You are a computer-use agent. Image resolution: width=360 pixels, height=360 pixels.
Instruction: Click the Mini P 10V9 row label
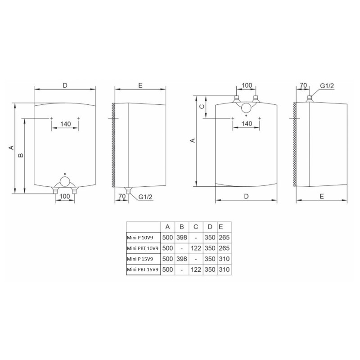pyautogui.click(x=140, y=238)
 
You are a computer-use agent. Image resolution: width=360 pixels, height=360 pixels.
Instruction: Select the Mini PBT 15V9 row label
pyautogui.click(x=143, y=270)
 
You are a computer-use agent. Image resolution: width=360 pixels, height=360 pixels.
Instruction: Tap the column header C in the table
pyautogui.click(x=196, y=227)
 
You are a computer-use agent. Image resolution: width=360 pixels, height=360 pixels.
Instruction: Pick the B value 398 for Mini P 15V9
pyautogui.click(x=182, y=259)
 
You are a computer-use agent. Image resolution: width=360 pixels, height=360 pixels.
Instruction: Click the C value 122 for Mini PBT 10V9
pyautogui.click(x=196, y=248)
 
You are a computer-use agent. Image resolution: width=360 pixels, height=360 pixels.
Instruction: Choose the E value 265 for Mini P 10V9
pyautogui.click(x=224, y=238)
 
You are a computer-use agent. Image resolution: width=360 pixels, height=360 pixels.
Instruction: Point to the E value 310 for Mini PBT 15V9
pyautogui.click(x=224, y=269)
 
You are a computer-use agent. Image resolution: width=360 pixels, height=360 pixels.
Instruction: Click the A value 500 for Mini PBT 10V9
pyautogui.click(x=167, y=248)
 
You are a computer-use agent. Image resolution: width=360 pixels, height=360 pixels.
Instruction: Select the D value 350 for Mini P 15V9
pyautogui.click(x=210, y=259)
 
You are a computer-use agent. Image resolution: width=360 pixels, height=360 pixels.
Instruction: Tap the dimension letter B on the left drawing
pyautogui.click(x=21, y=155)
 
